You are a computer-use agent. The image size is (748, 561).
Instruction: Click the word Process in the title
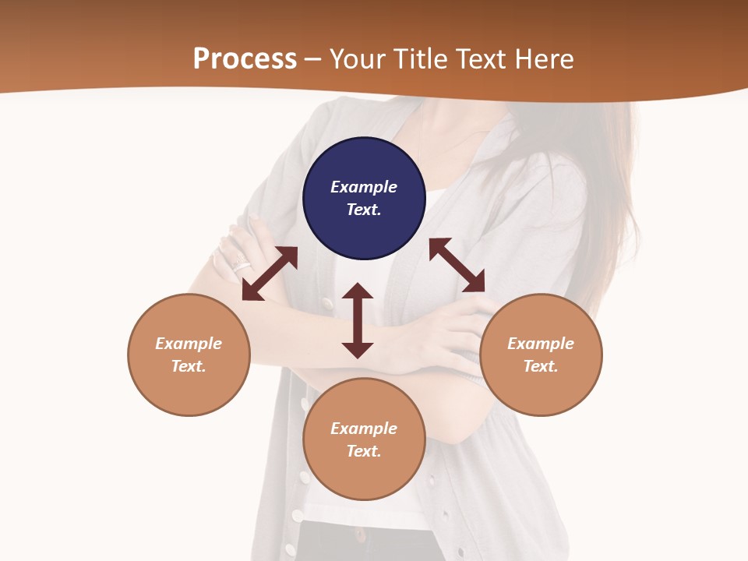[x=245, y=59]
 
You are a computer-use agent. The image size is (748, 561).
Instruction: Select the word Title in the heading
[x=420, y=59]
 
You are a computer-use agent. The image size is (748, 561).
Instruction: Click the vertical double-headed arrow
[x=358, y=320]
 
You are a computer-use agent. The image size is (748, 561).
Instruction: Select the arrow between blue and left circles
[x=270, y=273]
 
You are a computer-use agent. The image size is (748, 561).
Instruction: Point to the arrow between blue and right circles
[x=457, y=265]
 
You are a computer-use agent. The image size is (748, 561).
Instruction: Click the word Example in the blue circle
[x=364, y=187]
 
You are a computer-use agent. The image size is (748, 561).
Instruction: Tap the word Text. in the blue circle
[x=364, y=210]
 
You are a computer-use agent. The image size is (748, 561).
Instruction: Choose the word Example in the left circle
[x=189, y=344]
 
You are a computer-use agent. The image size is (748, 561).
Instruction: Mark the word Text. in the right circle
[x=541, y=366]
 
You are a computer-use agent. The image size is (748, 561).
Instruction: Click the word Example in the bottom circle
[x=364, y=429]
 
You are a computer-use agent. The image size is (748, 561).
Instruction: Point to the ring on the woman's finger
[x=241, y=263]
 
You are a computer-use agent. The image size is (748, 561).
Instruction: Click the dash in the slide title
[x=313, y=59]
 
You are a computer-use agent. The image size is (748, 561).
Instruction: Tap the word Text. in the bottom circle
[x=364, y=451]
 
